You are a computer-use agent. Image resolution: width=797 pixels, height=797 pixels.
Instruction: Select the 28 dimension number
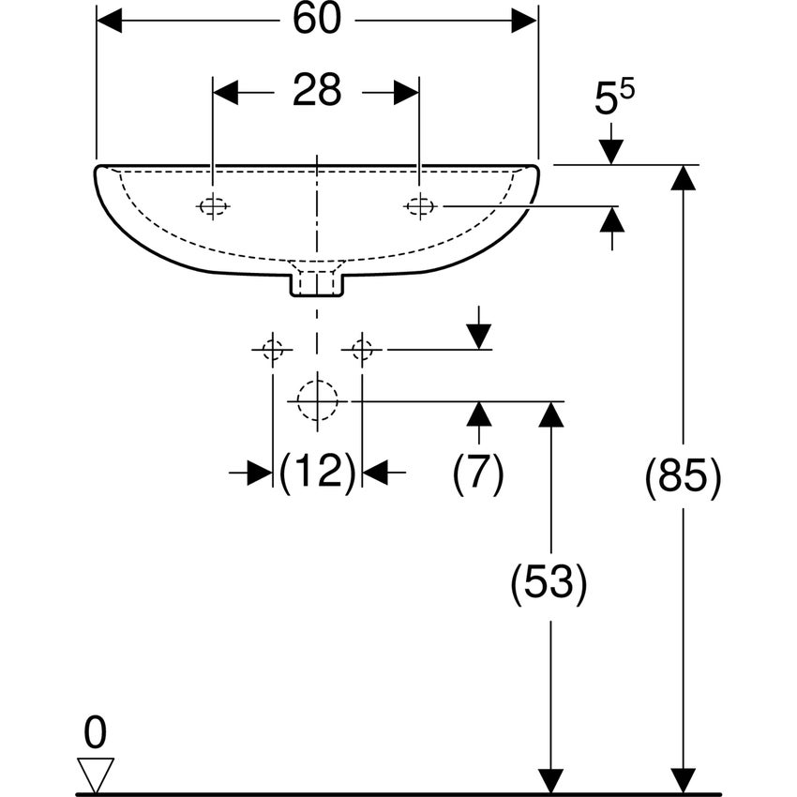click(x=316, y=92)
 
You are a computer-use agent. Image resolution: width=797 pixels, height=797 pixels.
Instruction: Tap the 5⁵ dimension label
click(x=613, y=98)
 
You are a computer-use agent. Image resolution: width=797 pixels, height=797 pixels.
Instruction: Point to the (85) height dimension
click(x=684, y=477)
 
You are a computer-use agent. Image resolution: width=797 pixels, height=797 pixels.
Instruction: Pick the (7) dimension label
click(x=478, y=473)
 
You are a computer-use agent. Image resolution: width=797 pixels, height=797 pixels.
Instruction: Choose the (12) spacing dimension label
click(x=317, y=472)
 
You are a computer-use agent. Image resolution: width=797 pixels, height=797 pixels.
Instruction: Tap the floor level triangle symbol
click(x=96, y=774)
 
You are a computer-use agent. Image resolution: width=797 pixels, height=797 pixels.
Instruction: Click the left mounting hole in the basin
click(x=214, y=206)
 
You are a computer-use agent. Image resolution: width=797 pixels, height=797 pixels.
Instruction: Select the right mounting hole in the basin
click(x=419, y=204)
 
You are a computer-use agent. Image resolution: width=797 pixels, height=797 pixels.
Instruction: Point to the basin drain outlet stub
click(x=317, y=280)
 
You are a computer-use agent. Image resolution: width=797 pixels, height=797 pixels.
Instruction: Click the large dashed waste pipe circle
click(x=317, y=400)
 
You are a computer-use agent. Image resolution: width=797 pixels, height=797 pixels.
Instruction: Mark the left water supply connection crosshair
click(x=272, y=350)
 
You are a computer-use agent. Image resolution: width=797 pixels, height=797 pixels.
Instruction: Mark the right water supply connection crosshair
click(x=362, y=350)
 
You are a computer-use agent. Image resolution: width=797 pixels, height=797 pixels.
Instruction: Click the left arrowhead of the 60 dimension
click(x=109, y=21)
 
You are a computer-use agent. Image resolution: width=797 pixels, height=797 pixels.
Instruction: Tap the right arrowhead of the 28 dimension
click(x=406, y=92)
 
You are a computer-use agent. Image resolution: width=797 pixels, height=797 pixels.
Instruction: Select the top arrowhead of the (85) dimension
click(x=684, y=177)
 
